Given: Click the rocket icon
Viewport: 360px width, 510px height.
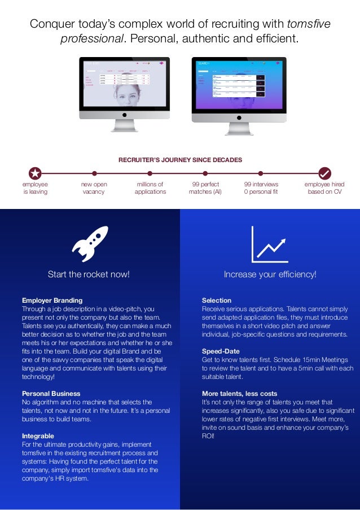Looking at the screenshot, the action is coord(90,244).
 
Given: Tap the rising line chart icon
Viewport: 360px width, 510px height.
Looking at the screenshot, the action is coord(269,245).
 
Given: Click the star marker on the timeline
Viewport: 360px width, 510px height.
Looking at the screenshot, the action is coord(35,173).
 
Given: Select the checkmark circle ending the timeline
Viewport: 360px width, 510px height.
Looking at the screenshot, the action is coord(324,173).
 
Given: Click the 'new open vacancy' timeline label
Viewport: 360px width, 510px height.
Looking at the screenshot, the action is coord(94,188).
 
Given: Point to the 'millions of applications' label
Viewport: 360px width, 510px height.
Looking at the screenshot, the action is coord(150,188).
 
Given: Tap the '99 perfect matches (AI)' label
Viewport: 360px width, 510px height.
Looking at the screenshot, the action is coord(205,188).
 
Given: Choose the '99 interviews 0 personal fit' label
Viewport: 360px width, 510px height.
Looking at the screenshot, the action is coord(260,188).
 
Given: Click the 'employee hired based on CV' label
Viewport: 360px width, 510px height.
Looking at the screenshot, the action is coord(324,188).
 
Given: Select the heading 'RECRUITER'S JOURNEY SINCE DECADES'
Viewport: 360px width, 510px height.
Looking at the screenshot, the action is coord(180,160).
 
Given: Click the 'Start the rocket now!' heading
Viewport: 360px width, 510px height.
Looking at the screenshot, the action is coord(89,274).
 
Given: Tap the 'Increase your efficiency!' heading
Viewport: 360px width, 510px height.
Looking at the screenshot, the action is coord(270,274).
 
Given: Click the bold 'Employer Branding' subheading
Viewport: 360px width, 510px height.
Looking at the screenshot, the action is coord(52,300).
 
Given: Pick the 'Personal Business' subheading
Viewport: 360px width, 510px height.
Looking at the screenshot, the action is coord(51,393).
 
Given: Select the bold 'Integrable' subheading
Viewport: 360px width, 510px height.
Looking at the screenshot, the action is coord(38,436).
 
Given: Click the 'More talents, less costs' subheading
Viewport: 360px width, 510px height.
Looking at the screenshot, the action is coord(239,393).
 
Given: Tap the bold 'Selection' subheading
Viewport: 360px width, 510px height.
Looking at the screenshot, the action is coord(217,300).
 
